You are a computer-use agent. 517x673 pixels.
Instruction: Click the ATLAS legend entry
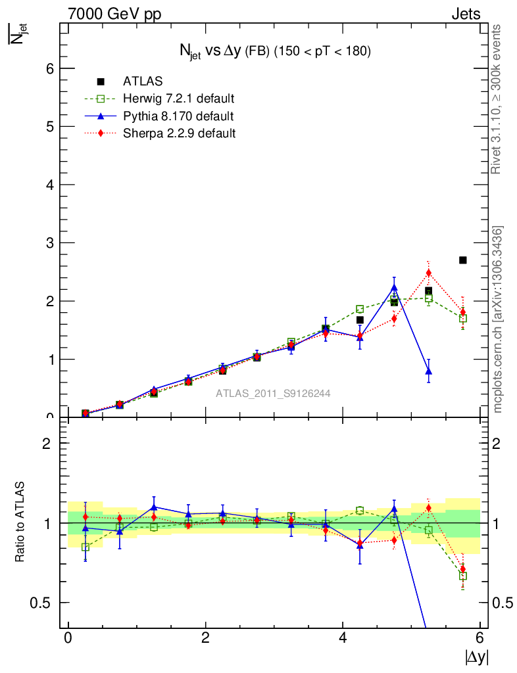[143, 81]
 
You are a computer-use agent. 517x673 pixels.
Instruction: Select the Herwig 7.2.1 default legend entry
[178, 99]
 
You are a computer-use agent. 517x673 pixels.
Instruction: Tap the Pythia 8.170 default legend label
[178, 116]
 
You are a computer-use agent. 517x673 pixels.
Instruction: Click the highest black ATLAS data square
[463, 260]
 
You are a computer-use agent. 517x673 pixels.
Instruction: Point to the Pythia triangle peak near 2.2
[394, 287]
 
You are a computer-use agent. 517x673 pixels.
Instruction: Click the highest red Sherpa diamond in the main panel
[428, 273]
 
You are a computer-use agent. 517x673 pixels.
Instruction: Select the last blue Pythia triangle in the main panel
[429, 371]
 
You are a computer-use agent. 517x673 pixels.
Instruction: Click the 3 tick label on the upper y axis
[51, 243]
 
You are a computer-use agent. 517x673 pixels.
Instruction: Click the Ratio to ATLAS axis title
[20, 522]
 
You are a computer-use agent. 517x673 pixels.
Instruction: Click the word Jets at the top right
[466, 14]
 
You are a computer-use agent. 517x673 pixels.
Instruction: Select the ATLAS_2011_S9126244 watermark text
[273, 394]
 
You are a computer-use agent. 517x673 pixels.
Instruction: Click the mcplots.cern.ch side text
[498, 319]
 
